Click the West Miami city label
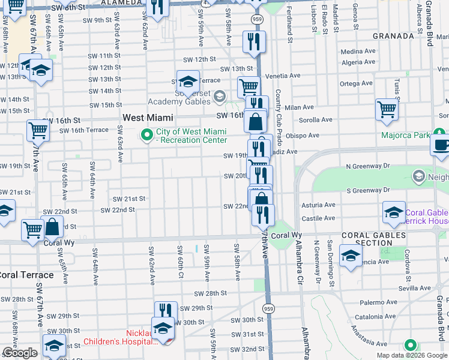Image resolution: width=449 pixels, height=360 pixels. point(148,118)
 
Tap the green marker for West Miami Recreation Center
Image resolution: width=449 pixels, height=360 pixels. point(145,135)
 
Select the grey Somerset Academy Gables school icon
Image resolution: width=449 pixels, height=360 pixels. point(219,96)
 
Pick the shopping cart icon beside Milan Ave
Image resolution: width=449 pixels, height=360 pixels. point(387,110)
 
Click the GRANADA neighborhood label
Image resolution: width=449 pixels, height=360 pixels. point(393,36)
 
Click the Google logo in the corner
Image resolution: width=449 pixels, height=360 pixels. point(20,353)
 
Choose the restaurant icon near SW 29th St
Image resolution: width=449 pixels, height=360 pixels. point(166,311)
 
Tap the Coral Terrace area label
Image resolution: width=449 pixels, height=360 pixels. point(25,275)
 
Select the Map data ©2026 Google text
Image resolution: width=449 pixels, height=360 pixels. point(411,355)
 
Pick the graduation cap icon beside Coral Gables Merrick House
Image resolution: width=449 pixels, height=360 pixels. point(394,212)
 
